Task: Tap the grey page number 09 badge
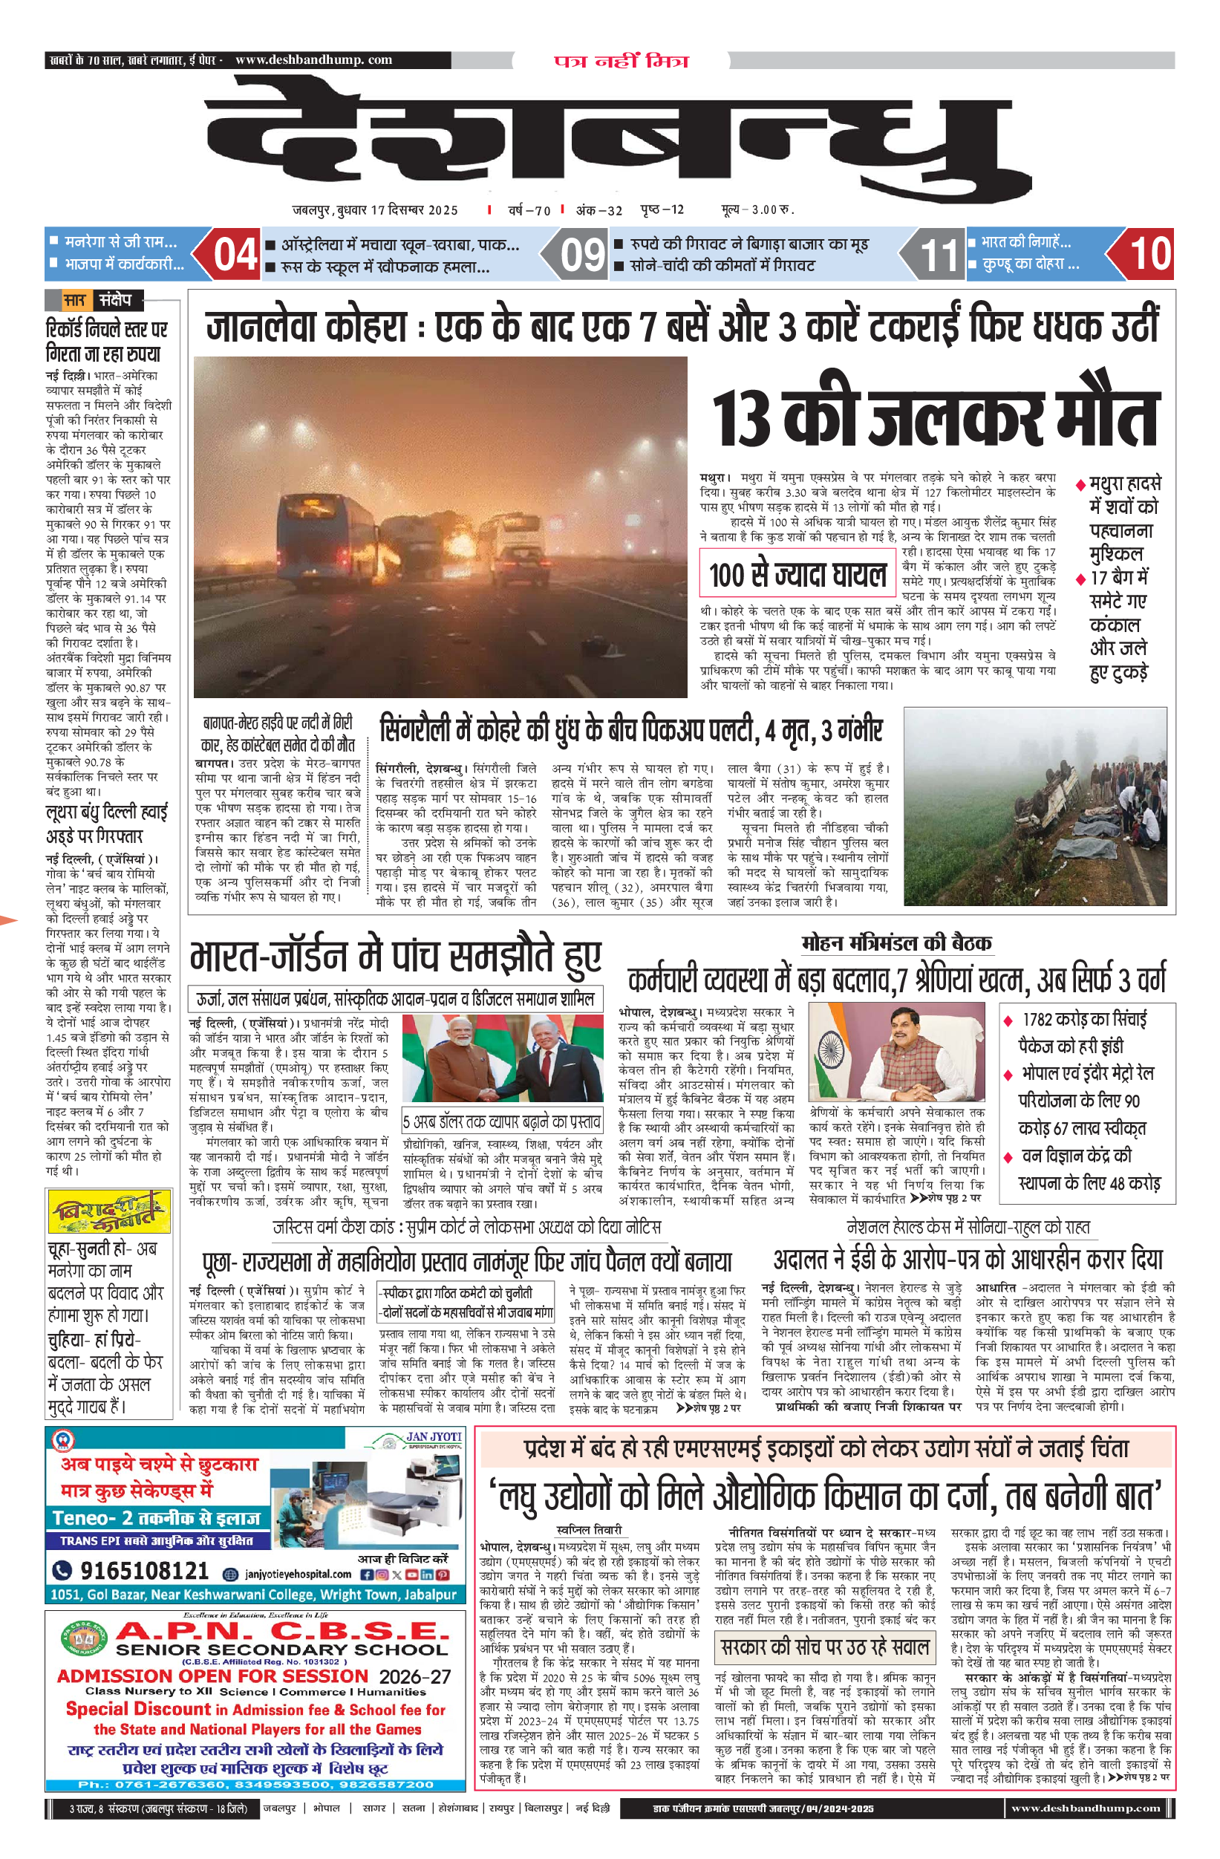pyautogui.click(x=582, y=254)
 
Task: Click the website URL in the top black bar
pyautogui.click(x=313, y=59)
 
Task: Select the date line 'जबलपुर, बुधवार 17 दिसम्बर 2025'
pyautogui.click(x=376, y=210)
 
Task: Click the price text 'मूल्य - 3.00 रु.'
pyautogui.click(x=757, y=209)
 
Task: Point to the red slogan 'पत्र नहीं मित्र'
pyautogui.click(x=621, y=60)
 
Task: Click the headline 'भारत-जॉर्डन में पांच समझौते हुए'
pyautogui.click(x=396, y=957)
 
